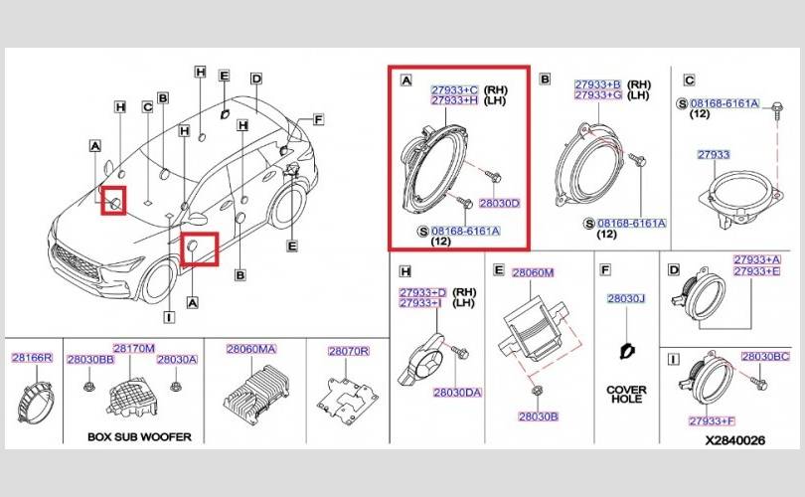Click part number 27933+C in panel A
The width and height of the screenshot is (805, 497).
[x=454, y=89]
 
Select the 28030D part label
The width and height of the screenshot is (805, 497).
[x=500, y=204]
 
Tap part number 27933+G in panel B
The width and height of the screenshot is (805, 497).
[x=598, y=95]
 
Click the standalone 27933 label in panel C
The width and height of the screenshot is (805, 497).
[x=714, y=154]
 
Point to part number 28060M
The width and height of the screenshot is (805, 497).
[x=533, y=272]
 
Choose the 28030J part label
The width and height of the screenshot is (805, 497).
[x=626, y=298]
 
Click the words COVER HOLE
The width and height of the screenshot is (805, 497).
[x=626, y=394]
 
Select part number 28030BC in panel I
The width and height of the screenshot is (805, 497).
[x=765, y=356]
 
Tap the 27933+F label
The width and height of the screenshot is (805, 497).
[x=712, y=421]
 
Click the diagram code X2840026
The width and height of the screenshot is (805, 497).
[x=734, y=440]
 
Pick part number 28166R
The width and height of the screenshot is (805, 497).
[x=32, y=358]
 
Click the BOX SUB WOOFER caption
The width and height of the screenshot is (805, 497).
[x=139, y=437]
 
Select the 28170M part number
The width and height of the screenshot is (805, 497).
[x=134, y=349]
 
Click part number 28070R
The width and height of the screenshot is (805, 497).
[x=349, y=351]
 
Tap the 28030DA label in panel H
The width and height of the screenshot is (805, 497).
[x=457, y=393]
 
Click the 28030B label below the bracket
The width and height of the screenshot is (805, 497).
[x=538, y=416]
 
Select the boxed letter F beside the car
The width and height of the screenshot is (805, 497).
[x=318, y=119]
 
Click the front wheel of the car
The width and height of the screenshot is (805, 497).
[x=158, y=281]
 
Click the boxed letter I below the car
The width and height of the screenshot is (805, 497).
[x=169, y=318]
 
